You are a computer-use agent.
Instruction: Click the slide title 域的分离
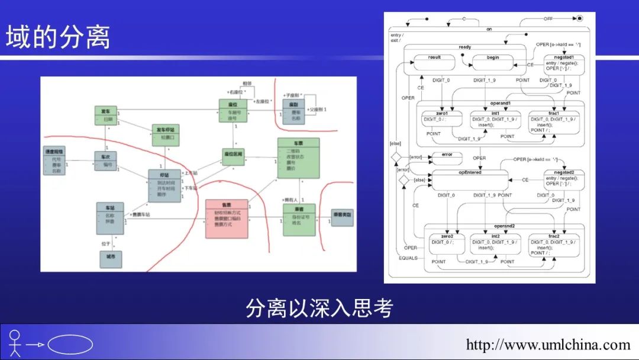click(x=58, y=37)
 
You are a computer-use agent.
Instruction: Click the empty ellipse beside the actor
click(x=70, y=344)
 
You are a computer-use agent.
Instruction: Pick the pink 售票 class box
click(x=225, y=218)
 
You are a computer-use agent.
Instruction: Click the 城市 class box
click(x=111, y=259)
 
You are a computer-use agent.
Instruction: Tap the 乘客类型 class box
click(x=343, y=217)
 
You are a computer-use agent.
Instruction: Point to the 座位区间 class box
click(x=233, y=156)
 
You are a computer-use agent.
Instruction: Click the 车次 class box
click(x=107, y=160)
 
